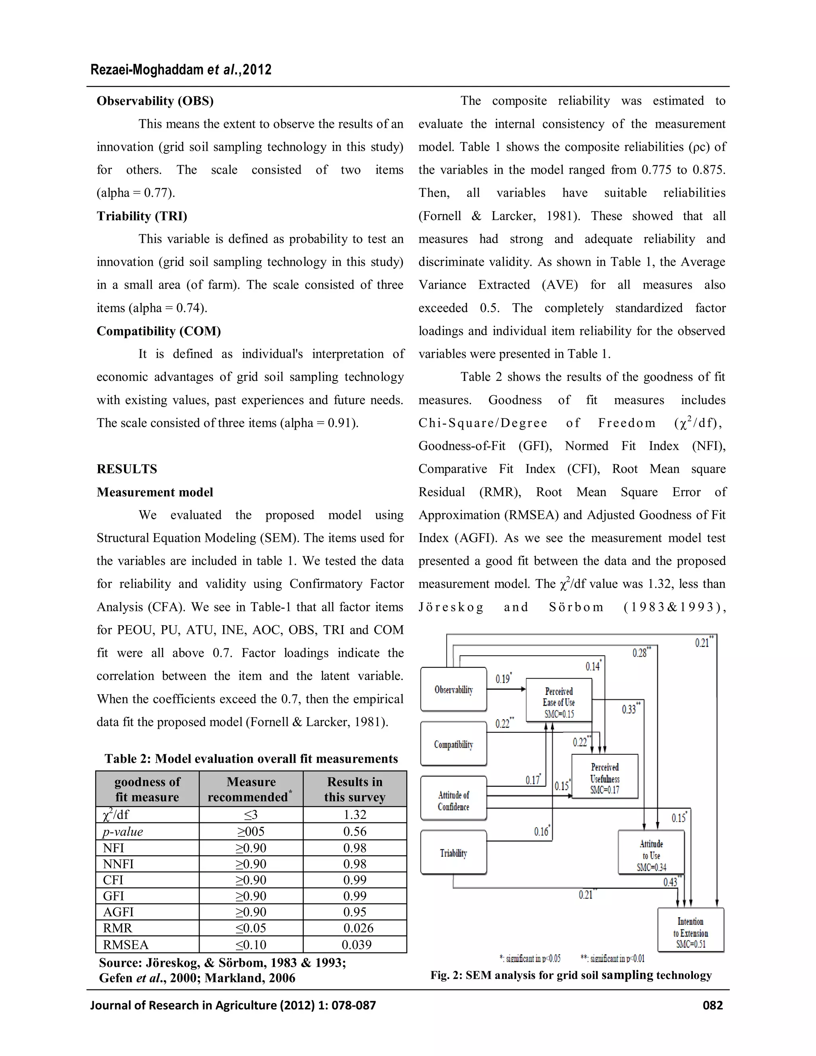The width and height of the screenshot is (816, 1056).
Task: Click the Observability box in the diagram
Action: click(453, 689)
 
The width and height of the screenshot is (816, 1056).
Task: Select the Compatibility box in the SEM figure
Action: click(453, 744)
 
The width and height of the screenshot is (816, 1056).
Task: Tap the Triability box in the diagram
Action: click(453, 853)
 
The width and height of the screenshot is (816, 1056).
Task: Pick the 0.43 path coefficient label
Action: click(671, 882)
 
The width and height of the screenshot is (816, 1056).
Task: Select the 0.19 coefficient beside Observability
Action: click(503, 679)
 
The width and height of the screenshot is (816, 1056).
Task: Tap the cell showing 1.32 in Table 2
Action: click(355, 815)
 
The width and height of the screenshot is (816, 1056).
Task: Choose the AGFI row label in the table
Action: click(118, 912)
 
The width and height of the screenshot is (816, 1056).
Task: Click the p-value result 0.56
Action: click(355, 832)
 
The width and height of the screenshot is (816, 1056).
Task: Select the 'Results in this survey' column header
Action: click(355, 789)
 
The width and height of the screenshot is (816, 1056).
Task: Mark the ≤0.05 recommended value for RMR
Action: click(251, 928)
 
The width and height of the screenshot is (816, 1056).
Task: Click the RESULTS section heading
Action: click(127, 469)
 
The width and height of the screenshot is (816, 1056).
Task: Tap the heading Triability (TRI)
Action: click(141, 216)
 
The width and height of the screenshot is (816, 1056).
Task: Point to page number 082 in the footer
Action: click(712, 1006)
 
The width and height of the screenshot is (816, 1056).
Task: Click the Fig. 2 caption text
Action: click(571, 975)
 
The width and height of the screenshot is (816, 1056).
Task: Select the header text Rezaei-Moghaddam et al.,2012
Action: click(181, 70)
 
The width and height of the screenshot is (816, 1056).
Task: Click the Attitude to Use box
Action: click(651, 855)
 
